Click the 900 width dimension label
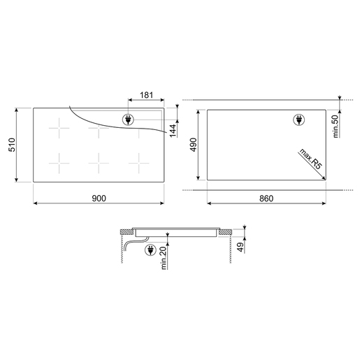click(99, 199)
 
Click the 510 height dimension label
click(12, 145)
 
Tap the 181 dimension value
click(146, 95)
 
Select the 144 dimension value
click(173, 131)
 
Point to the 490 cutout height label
click(194, 145)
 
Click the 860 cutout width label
click(266, 199)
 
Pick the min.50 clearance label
click(336, 126)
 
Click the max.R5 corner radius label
click(311, 159)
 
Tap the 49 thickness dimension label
click(240, 247)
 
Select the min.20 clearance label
click(164, 258)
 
